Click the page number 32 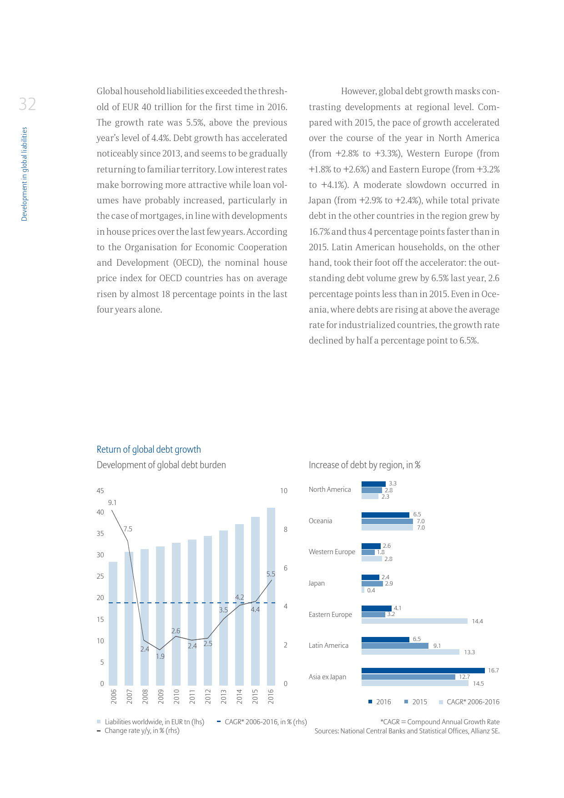(27, 104)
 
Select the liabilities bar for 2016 (271, 596)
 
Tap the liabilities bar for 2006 (113, 623)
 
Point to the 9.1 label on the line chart (112, 503)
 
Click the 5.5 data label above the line (271, 574)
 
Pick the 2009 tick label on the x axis (161, 697)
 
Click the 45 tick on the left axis (100, 491)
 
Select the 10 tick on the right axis (284, 491)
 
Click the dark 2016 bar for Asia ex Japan (423, 671)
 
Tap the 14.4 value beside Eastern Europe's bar (477, 621)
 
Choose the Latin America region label (328, 646)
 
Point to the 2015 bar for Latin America (395, 646)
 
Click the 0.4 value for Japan (371, 591)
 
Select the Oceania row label (320, 521)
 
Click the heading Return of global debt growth (149, 450)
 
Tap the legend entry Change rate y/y (141, 731)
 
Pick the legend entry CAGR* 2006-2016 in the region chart (473, 702)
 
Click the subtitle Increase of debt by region (364, 465)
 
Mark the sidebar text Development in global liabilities (25, 174)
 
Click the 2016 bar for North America (373, 484)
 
